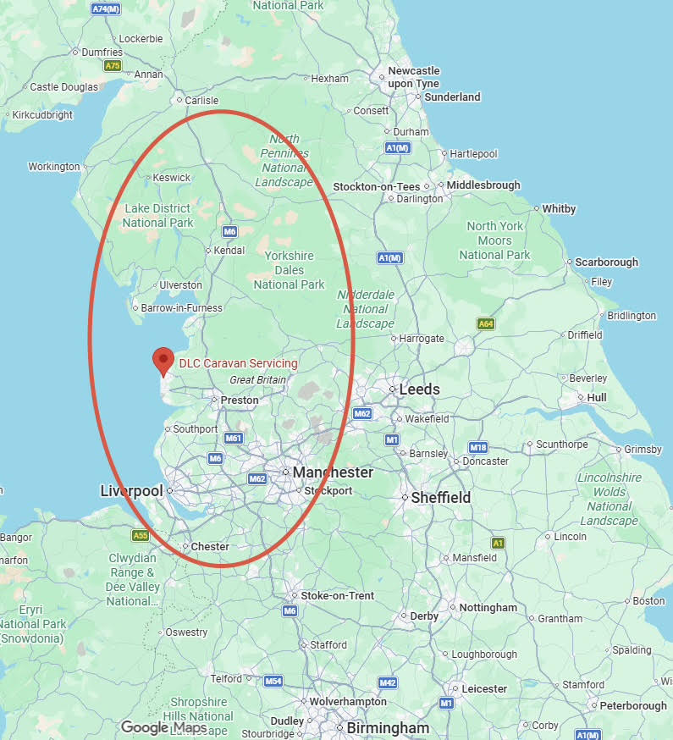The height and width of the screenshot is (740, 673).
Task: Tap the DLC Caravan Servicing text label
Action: point(238,363)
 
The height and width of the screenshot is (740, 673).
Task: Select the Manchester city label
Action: point(333,472)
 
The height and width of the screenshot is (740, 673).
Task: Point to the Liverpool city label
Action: point(131,491)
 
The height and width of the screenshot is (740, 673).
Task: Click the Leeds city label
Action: point(420,389)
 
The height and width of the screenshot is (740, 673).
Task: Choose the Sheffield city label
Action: point(440,498)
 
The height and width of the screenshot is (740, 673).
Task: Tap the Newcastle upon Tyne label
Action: point(414,77)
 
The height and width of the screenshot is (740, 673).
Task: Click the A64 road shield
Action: point(485,324)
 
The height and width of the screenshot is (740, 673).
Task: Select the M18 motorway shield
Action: point(477,447)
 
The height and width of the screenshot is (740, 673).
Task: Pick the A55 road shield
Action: point(140,535)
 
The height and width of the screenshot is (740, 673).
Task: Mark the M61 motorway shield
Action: point(234,438)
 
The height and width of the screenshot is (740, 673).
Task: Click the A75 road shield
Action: point(113,65)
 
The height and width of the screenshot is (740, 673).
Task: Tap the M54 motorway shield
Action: point(273,681)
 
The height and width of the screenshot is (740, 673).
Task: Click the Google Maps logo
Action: point(163,727)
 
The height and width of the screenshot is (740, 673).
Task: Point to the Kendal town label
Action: point(229,251)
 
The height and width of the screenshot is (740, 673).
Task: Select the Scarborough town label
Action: point(607,262)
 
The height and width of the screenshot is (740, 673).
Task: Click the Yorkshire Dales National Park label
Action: point(289,270)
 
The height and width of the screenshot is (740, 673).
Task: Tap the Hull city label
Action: point(597,397)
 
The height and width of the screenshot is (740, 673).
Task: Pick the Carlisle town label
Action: point(201,100)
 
